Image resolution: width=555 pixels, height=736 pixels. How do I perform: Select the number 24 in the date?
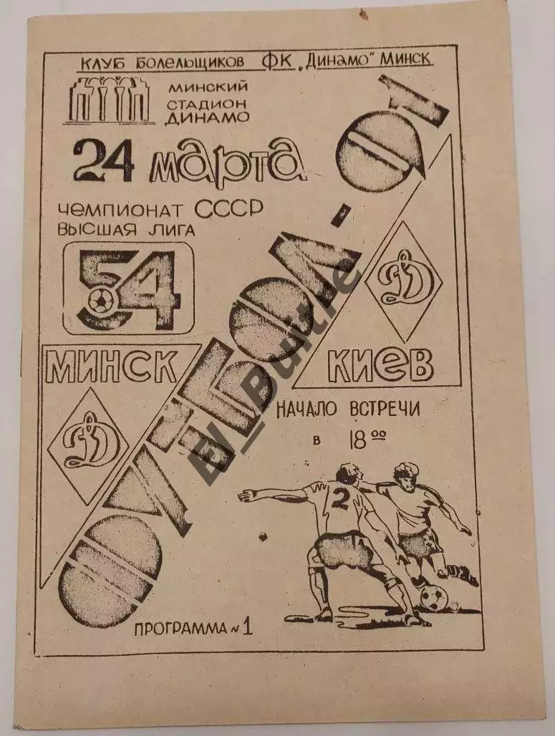point(104,161)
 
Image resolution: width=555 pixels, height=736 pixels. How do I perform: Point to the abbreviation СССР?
point(228,209)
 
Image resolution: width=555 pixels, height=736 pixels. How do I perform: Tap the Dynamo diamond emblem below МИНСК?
point(88,446)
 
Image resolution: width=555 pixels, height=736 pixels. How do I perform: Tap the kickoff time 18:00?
point(366,440)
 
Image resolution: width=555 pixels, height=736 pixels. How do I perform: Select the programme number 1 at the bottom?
point(248,627)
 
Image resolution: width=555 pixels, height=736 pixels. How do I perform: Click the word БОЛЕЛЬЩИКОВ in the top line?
point(189,63)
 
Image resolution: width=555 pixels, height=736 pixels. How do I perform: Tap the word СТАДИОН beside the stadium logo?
point(206,102)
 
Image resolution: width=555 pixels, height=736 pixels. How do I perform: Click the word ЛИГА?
point(173,230)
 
